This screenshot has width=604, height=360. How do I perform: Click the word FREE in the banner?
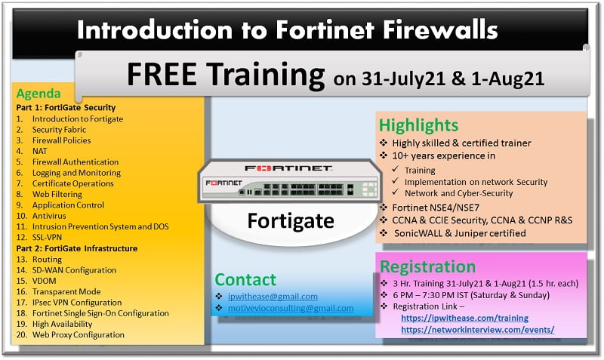pyautogui.click(x=162, y=74)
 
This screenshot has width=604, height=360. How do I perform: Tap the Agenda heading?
pyautogui.click(x=39, y=94)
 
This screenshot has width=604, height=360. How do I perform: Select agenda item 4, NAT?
pyautogui.click(x=39, y=151)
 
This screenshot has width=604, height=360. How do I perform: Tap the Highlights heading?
pyautogui.click(x=419, y=125)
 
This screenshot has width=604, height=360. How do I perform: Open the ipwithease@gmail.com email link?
pyautogui.click(x=273, y=297)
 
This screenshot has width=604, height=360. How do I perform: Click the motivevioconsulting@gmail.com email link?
pyautogui.click(x=291, y=308)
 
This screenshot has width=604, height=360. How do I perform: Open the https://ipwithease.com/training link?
pyautogui.click(x=464, y=318)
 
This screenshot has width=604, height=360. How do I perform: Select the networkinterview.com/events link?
pyautogui.click(x=478, y=330)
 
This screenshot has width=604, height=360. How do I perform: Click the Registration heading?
pyautogui.click(x=427, y=267)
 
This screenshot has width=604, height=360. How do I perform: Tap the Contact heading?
pyautogui.click(x=245, y=279)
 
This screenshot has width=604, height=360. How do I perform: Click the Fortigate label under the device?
pyautogui.click(x=291, y=221)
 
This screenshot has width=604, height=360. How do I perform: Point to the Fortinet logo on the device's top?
pyautogui.click(x=288, y=168)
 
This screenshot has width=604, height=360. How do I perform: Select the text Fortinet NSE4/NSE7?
pyautogui.click(x=436, y=208)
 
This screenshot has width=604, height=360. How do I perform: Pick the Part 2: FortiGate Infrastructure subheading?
pyautogui.click(x=77, y=248)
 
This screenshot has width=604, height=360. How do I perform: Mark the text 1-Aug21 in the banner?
pyautogui.click(x=507, y=78)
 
